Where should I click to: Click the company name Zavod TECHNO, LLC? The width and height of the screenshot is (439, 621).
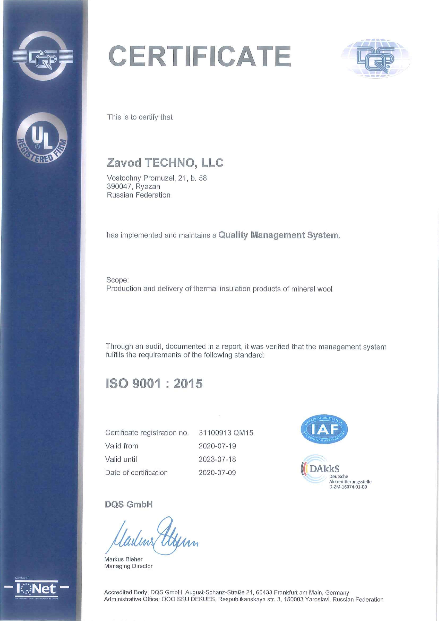click(x=165, y=163)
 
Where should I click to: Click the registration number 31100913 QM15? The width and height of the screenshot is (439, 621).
click(x=226, y=433)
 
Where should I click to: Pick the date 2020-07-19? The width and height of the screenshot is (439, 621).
click(x=217, y=446)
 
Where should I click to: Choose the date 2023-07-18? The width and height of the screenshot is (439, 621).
click(x=217, y=459)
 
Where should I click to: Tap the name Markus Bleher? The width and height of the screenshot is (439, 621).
click(x=123, y=559)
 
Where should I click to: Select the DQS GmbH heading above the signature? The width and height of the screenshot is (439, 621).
click(x=129, y=504)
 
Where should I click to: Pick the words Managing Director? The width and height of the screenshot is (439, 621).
click(x=128, y=566)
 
